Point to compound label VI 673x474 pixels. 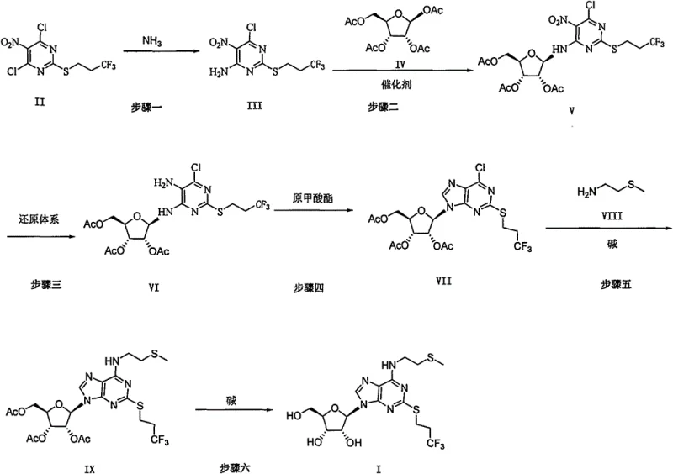point(159,287)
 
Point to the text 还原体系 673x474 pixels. point(31,216)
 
